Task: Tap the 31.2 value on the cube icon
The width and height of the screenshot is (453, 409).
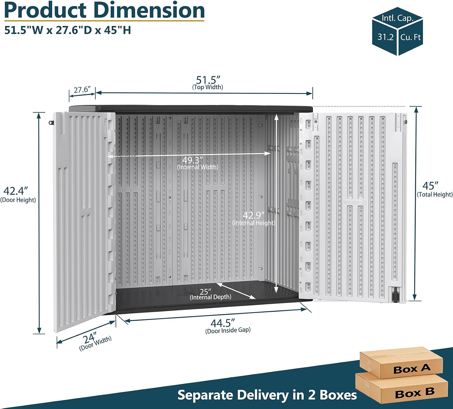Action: (x=385, y=37)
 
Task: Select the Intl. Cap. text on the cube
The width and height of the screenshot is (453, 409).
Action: (x=397, y=18)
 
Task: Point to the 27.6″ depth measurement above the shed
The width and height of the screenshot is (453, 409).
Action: (x=82, y=90)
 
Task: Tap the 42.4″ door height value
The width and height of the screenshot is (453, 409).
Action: (x=16, y=191)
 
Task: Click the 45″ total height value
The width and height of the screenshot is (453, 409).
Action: (x=430, y=186)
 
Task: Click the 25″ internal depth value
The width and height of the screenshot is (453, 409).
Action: (x=205, y=292)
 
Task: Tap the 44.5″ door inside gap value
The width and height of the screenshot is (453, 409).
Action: (x=223, y=323)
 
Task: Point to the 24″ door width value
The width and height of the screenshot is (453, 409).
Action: (x=90, y=338)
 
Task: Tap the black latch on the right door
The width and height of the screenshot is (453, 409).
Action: (x=395, y=295)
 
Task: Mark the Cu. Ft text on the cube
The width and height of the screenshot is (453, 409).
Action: (x=410, y=37)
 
